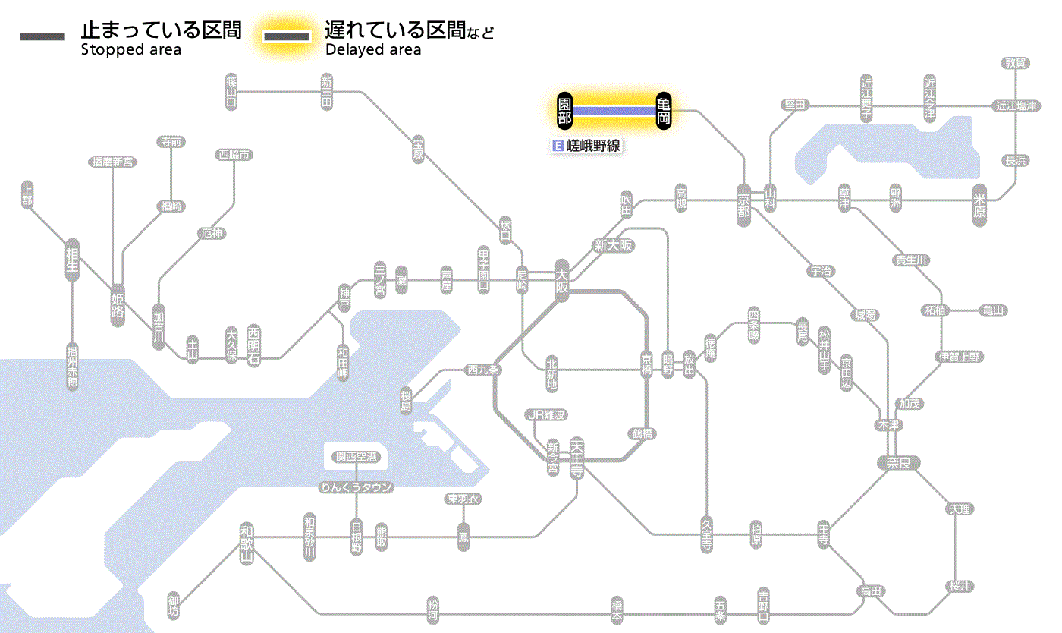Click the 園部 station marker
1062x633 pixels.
coord(564,111)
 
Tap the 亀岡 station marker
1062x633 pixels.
coord(664,111)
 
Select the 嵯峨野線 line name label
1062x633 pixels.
coord(589,146)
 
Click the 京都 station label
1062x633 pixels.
coord(743,203)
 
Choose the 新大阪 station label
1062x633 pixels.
coord(613,246)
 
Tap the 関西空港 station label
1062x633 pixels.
coord(361,457)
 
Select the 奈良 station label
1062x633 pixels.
coord(898,462)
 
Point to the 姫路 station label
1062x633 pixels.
coord(118,304)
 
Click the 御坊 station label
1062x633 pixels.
coord(174,606)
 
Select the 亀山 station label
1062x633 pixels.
coord(993,310)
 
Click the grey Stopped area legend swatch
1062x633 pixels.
coord(42,36)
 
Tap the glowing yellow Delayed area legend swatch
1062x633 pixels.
coord(287,36)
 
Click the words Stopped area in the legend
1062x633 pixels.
coord(131,50)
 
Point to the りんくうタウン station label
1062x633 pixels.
coord(357,487)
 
